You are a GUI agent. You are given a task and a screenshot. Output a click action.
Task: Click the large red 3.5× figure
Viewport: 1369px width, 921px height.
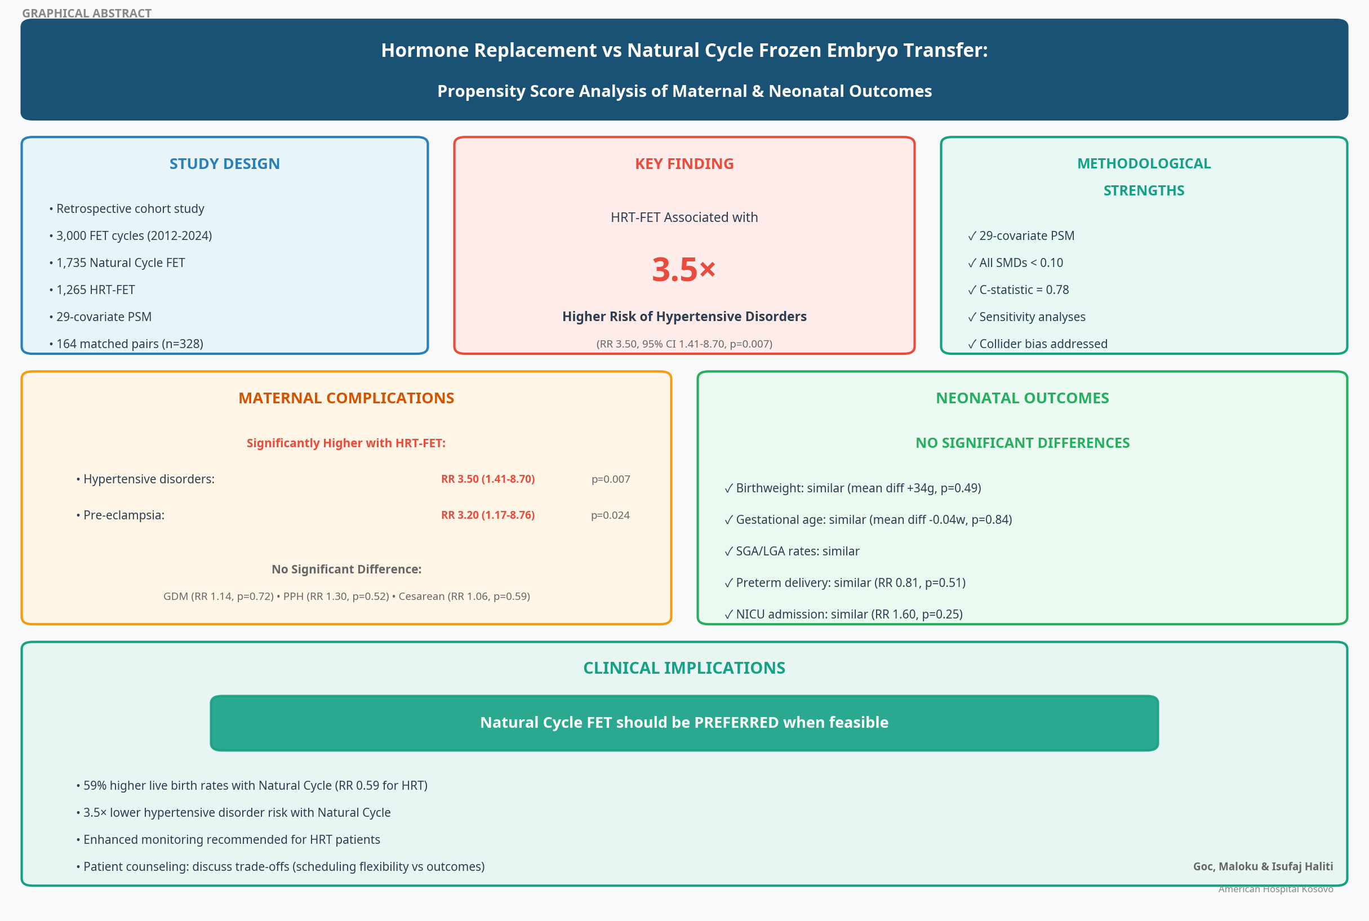[x=683, y=270]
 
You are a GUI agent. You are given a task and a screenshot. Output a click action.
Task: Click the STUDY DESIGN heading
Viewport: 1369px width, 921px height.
[x=224, y=164]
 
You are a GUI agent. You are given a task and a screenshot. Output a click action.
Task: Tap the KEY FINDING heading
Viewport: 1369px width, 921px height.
[x=684, y=164]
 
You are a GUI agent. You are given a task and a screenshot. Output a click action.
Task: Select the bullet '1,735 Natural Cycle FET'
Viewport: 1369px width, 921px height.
[x=117, y=262]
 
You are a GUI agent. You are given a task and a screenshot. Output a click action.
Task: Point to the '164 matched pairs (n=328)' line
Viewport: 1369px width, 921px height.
[x=126, y=344]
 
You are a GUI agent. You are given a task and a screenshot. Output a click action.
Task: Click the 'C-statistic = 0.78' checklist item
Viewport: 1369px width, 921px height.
[x=1019, y=290]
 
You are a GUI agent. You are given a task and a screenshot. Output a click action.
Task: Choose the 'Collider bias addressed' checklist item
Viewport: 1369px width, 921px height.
[x=1038, y=344]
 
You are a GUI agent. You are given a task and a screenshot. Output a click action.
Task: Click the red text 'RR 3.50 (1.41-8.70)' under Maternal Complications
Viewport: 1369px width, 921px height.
[x=488, y=479]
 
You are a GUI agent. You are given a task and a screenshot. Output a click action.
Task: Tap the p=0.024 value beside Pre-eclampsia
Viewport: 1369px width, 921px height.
[x=610, y=515]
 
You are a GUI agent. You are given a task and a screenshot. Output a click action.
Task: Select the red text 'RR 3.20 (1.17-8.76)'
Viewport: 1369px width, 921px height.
[x=488, y=515]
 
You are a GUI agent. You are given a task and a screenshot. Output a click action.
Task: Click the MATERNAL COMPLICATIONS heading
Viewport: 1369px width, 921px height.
[x=346, y=398]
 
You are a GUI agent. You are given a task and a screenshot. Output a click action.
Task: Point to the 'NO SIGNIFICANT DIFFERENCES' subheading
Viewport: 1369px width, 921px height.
[x=1023, y=443]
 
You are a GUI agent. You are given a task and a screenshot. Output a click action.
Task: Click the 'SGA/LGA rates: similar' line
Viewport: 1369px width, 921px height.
[x=792, y=551]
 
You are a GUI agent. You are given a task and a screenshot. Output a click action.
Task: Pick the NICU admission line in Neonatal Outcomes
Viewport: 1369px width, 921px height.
[x=843, y=614]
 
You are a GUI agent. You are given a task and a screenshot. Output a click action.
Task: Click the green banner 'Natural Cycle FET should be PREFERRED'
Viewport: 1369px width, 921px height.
[x=684, y=723]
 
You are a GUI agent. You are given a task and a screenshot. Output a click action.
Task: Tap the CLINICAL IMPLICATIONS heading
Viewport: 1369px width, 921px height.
[x=684, y=668]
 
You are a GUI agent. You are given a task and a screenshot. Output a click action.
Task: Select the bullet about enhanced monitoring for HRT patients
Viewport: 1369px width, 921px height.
[x=228, y=839]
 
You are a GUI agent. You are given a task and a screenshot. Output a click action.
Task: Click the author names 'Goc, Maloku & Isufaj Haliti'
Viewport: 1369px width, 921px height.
[x=1263, y=866]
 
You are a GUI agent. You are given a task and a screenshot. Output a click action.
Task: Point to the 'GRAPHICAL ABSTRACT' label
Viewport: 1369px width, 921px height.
[x=87, y=13]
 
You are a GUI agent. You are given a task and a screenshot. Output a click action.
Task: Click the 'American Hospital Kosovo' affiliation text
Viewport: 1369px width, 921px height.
[x=1275, y=889]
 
